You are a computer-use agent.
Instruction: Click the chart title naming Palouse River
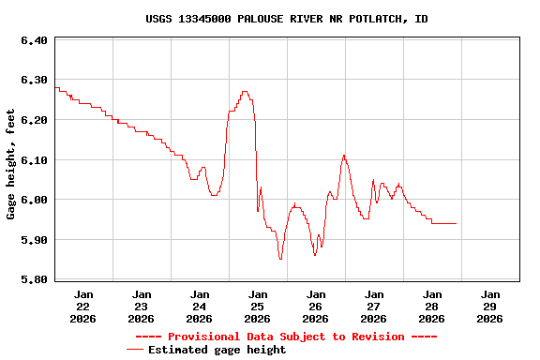[287, 19]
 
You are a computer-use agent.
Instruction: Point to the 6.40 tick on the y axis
[34, 40]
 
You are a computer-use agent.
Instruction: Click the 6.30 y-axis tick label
[34, 81]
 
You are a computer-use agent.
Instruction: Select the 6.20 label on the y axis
[34, 120]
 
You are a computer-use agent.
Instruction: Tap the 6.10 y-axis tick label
[34, 160]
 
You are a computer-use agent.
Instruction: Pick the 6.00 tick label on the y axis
[34, 200]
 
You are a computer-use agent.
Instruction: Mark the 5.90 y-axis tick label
[34, 240]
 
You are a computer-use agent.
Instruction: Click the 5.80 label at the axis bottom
[34, 279]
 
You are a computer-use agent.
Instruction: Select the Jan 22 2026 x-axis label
[83, 306]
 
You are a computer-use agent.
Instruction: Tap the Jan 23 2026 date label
[142, 306]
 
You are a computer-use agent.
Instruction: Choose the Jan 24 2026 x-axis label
[200, 306]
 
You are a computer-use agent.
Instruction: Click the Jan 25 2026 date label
[258, 306]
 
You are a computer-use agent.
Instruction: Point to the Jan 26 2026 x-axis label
[316, 306]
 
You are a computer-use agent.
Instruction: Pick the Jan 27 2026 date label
[374, 306]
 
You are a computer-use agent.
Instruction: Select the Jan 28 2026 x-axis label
[432, 306]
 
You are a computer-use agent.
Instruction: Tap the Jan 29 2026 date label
[490, 306]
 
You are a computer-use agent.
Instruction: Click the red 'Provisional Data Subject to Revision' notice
[287, 336]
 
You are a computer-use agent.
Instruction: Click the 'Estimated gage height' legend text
[217, 350]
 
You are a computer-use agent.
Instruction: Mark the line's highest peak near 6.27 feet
[245, 92]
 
